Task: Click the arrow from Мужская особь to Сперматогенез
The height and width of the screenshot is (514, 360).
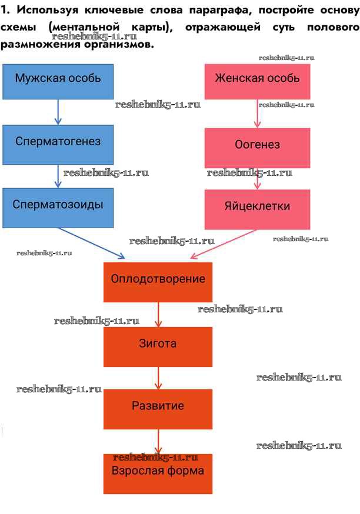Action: [x=58, y=112]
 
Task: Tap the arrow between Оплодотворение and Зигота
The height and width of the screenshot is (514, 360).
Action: [x=158, y=314]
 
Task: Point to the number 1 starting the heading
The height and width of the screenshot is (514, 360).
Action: [x=5, y=11]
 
